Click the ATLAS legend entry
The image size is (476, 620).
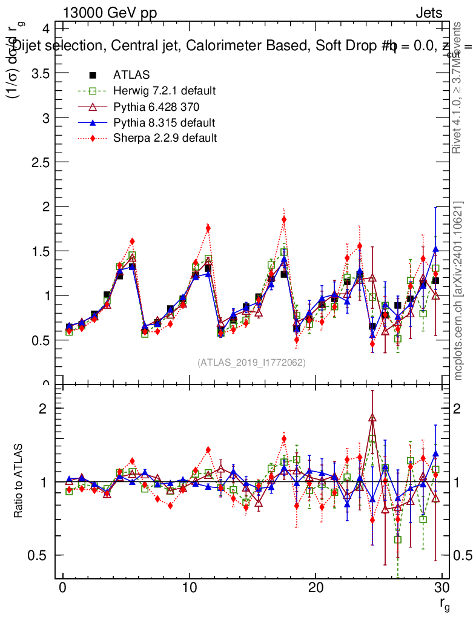(131, 75)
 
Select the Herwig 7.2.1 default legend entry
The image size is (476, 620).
(164, 91)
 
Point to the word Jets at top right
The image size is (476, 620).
(428, 13)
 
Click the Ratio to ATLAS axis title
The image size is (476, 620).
(18, 482)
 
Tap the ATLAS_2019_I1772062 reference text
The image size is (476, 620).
(251, 363)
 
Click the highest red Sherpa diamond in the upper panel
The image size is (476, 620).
(284, 219)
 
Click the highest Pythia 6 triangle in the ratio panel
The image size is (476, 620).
(372, 417)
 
